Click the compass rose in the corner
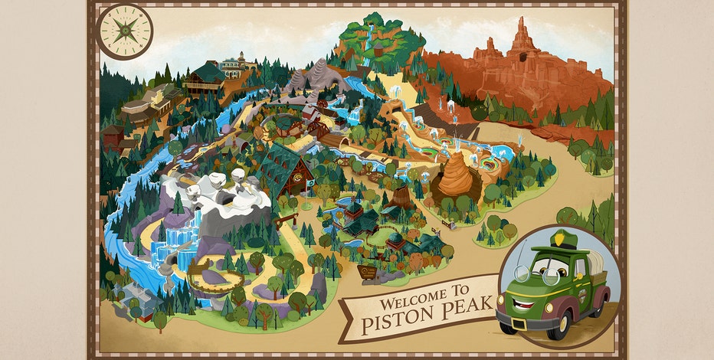coord(126,31)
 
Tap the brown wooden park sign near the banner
coord(369,272)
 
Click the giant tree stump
coord(401,198)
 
